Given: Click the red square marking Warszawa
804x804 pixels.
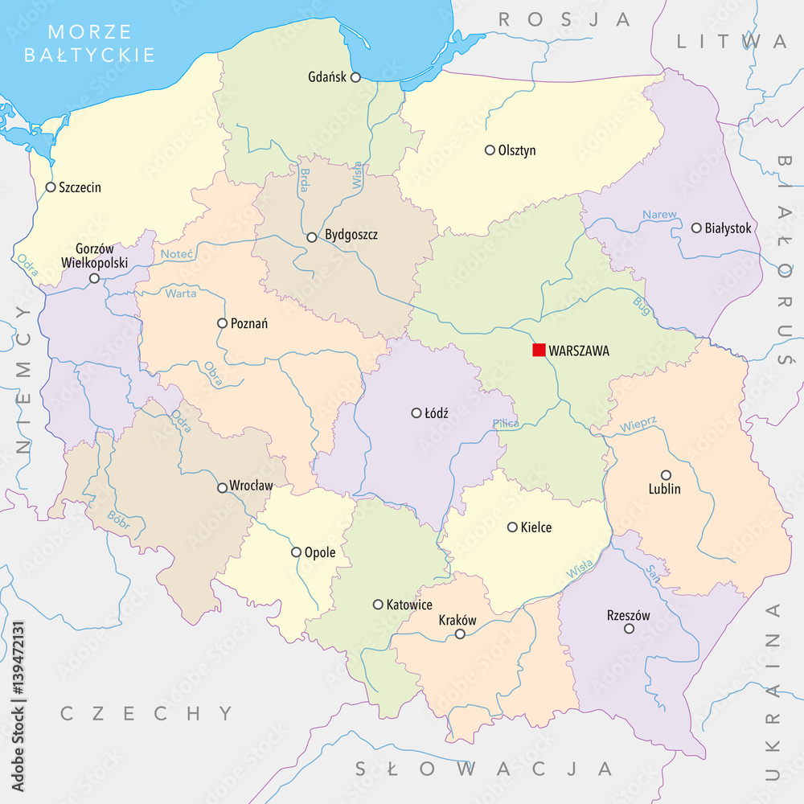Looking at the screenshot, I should point(539,350).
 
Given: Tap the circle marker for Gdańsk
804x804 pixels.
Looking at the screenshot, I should point(355,77).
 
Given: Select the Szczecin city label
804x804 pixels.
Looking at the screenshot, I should point(80,187).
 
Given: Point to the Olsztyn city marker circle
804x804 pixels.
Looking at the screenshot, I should point(490,150).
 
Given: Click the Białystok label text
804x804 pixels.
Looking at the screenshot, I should point(728,228).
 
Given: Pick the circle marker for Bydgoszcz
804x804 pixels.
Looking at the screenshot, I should point(312,236).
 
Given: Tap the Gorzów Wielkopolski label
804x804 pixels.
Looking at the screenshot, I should point(95,256).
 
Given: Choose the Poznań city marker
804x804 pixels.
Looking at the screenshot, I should point(223,323).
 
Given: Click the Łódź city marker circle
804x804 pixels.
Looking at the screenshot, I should point(416,412).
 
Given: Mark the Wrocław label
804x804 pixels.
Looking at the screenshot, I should point(251,486).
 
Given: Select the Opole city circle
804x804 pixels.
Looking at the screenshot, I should point(296,552).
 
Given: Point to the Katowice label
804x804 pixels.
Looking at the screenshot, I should point(409,605).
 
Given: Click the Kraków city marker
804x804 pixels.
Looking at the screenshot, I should point(460,634).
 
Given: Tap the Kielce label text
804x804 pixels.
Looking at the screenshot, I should point(536,527).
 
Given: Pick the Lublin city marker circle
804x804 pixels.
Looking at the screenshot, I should point(666,474).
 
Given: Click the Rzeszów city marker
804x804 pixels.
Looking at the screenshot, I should point(629,629).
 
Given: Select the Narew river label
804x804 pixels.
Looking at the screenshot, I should point(659,215).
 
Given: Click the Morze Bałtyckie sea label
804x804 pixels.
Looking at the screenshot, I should point(89,43).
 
